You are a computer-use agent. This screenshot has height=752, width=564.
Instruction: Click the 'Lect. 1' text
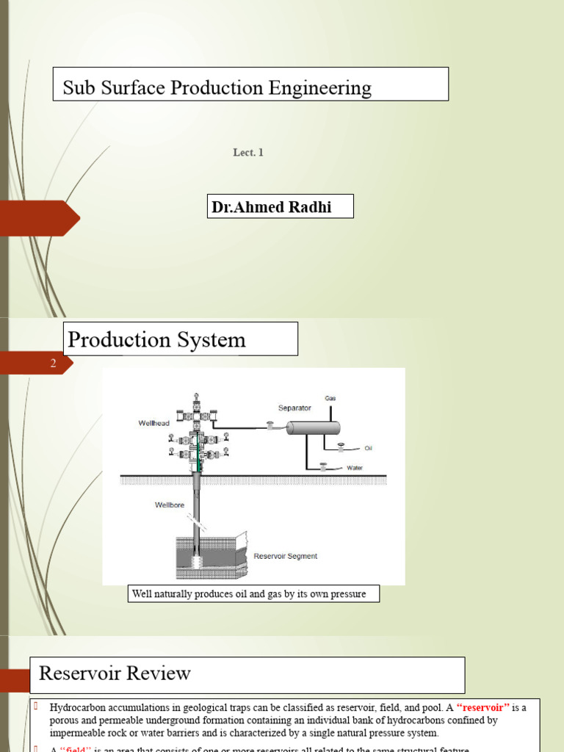pos(248,153)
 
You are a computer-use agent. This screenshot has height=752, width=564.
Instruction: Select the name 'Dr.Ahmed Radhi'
pos(272,207)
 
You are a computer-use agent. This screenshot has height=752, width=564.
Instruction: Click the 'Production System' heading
pos(156,340)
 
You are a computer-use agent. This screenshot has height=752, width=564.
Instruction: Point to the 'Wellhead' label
pos(153,423)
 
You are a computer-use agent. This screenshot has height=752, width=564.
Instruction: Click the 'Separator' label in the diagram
pos(294,408)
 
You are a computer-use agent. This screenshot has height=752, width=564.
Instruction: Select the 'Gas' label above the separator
pos(330,398)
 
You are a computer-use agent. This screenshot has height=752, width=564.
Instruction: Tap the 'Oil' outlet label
pos(369,448)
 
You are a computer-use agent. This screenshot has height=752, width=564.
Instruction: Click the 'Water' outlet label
pos(355,468)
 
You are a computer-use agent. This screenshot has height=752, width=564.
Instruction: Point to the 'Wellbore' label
pos(168,505)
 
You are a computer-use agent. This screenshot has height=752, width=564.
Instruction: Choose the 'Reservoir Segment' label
pos(285,556)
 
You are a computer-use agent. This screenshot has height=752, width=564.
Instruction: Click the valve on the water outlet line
pos(323,465)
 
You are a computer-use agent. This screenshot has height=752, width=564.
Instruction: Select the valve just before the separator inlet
pos(270,426)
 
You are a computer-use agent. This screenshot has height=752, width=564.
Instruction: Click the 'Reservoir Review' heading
pos(115,673)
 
